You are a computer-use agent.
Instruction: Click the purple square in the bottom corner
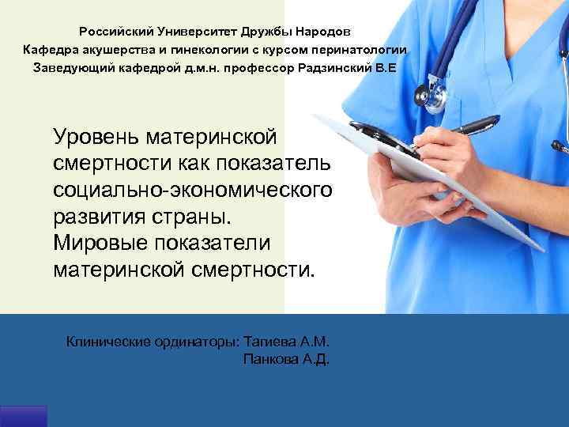coord(24,417)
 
